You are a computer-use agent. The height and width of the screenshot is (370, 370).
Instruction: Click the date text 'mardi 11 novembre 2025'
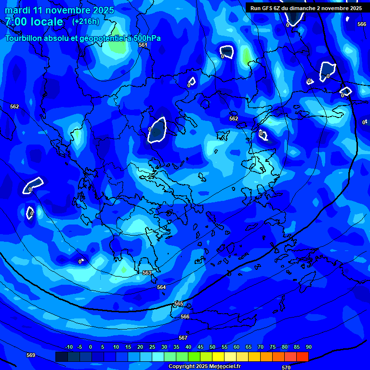59,10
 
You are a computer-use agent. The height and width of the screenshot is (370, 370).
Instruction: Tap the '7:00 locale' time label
34,22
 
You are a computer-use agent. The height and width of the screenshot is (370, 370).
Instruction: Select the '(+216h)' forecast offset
86,22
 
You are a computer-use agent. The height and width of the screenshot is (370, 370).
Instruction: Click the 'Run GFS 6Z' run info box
306,8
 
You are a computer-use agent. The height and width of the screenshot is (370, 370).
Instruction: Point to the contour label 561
143,45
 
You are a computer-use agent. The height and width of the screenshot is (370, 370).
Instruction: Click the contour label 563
147,273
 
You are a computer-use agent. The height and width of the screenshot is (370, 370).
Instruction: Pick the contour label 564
161,287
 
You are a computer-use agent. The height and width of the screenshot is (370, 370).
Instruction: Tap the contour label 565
179,304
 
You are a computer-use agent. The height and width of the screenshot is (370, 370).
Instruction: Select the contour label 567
183,338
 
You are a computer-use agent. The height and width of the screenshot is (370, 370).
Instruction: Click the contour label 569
31,355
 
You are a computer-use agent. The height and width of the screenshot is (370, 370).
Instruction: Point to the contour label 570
286,368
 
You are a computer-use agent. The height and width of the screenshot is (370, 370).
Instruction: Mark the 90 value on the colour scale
308,347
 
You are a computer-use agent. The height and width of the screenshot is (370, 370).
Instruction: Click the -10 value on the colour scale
69,347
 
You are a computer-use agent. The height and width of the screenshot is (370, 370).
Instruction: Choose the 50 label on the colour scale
212,347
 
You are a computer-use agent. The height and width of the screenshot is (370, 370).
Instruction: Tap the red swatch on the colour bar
302,357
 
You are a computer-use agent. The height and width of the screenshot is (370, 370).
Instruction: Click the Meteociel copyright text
204,367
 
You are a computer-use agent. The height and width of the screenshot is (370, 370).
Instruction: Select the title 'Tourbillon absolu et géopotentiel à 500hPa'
83,38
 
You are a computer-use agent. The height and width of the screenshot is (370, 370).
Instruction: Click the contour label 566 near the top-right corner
362,24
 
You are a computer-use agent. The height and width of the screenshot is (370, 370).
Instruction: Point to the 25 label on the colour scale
152,347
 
